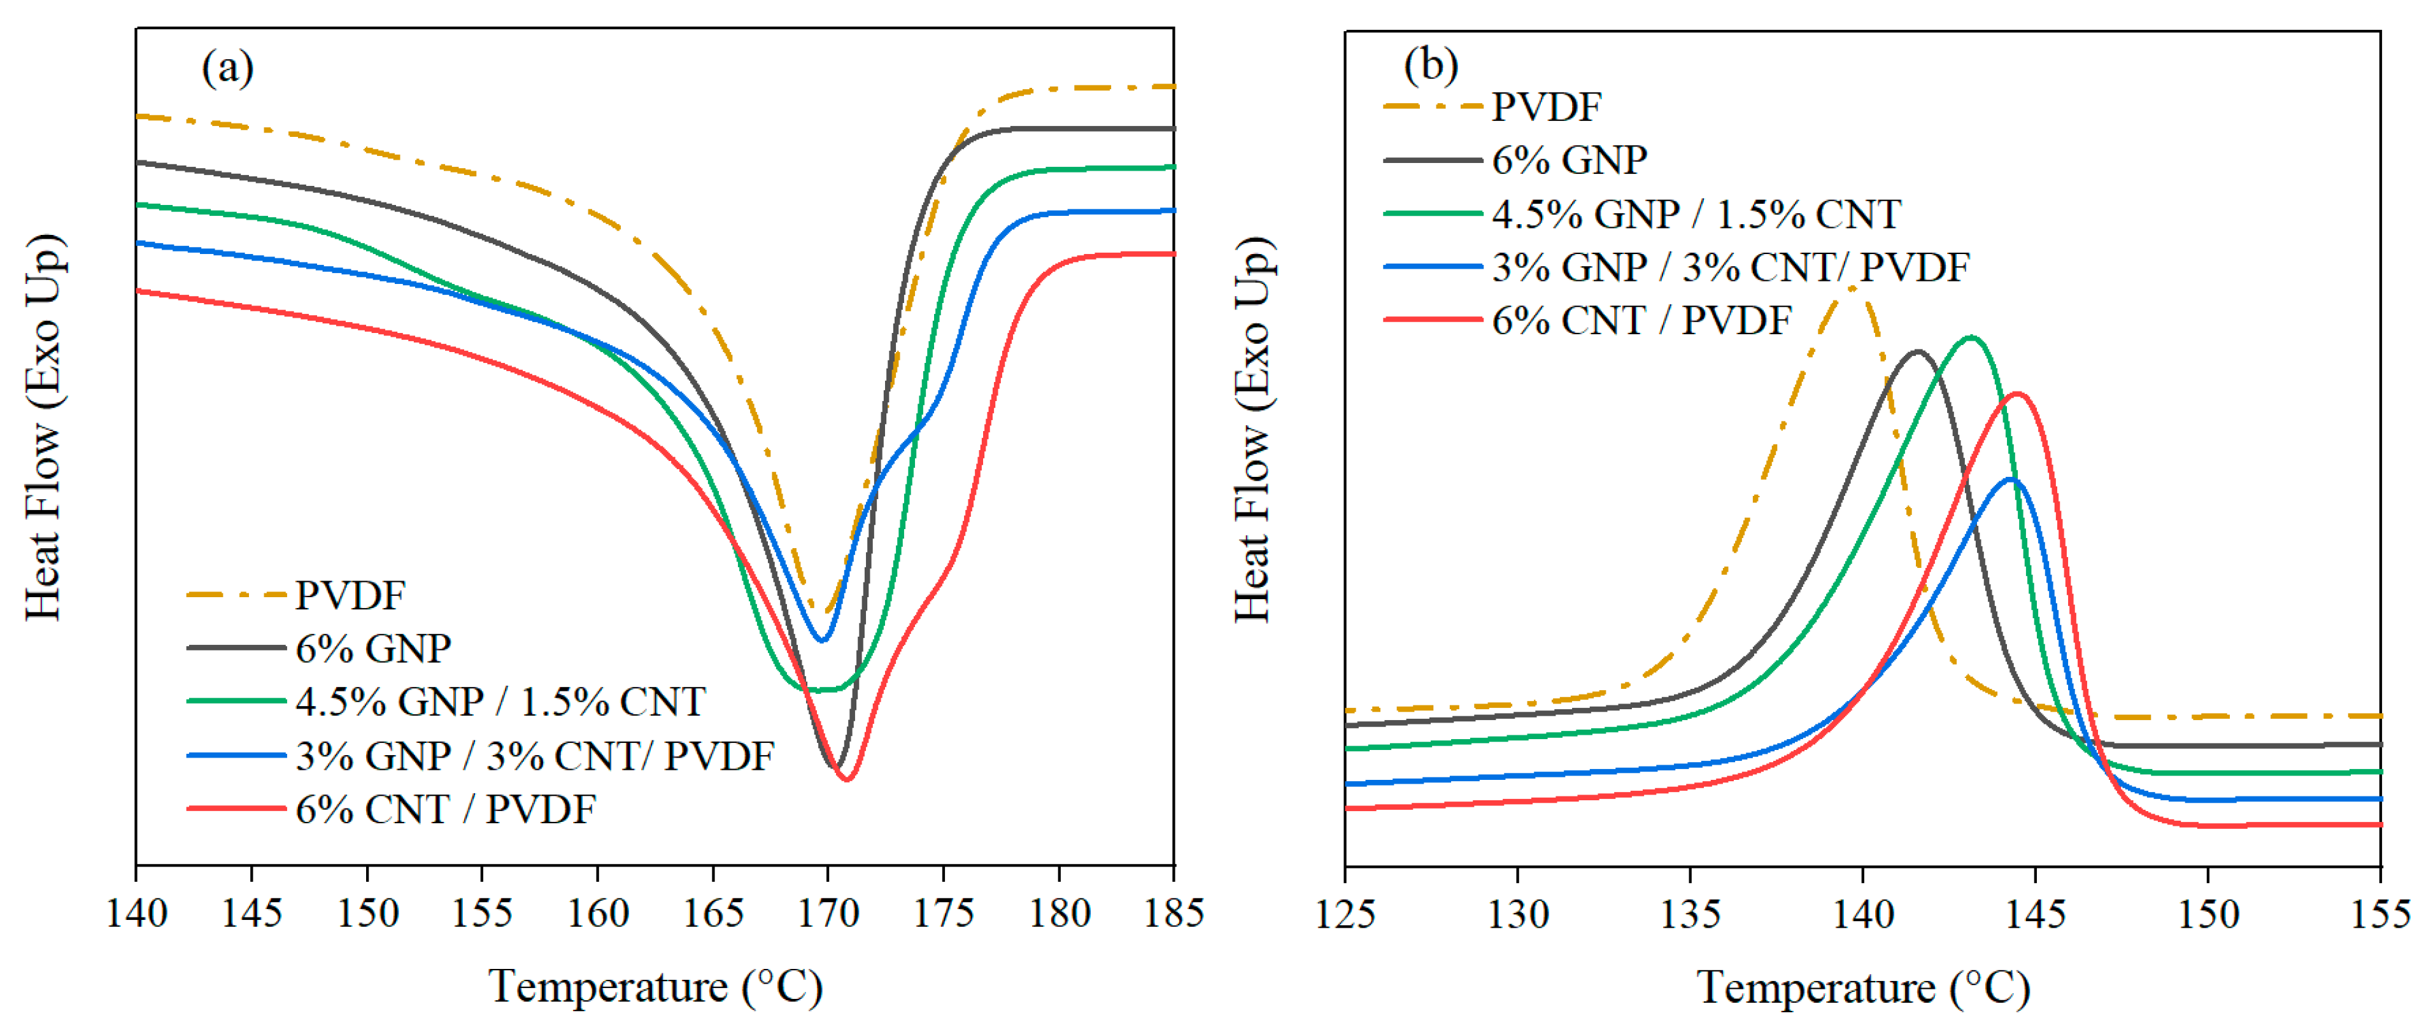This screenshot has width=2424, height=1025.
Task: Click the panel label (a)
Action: (227, 69)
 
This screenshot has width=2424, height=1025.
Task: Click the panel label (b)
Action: (1430, 66)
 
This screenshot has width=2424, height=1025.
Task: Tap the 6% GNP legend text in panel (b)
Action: (1569, 160)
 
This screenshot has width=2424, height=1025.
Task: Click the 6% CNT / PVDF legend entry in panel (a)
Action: (445, 809)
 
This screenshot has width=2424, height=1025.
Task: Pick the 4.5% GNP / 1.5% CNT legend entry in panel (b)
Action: (1696, 215)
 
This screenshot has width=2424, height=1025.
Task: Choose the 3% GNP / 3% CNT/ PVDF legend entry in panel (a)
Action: (534, 756)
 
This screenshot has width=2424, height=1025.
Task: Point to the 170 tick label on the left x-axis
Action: (828, 913)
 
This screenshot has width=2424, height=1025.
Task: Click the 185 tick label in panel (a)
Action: (1172, 913)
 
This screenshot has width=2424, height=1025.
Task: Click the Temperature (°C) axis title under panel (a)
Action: (655, 986)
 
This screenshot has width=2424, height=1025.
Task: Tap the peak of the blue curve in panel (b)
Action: (2011, 479)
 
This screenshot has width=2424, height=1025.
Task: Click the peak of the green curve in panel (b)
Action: (1971, 337)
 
